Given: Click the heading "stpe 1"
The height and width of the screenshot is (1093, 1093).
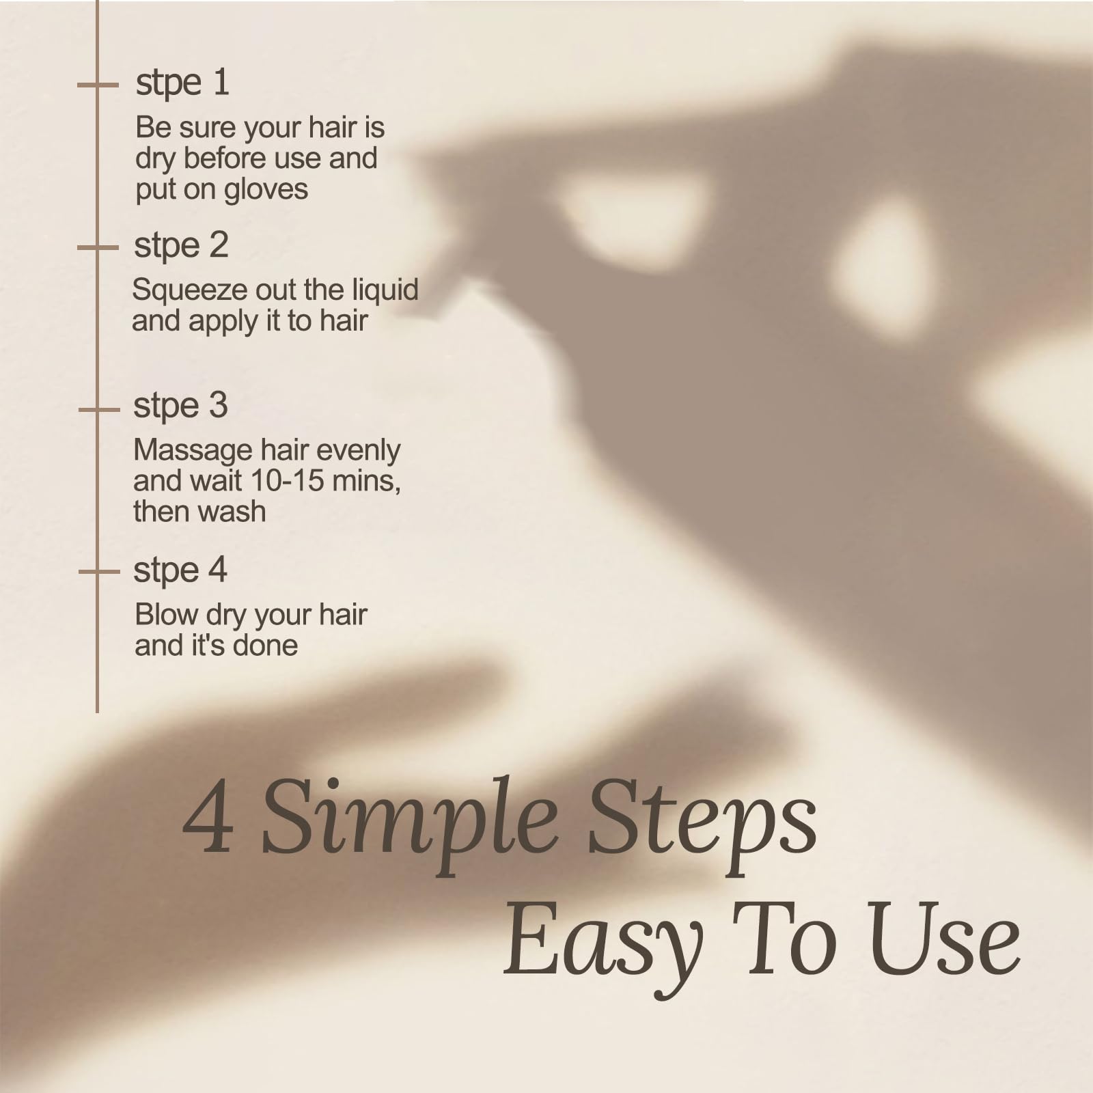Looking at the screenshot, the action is point(182,83).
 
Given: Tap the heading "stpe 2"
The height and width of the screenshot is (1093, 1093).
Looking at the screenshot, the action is point(181,246).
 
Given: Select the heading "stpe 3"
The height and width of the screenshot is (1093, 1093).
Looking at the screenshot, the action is point(180,406).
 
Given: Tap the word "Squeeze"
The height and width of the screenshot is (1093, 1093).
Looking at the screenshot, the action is point(190,290).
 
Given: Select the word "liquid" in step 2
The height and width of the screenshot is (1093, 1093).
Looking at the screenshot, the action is point(385,290).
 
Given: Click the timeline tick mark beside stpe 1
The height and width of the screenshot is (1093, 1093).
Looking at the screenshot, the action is point(98,85).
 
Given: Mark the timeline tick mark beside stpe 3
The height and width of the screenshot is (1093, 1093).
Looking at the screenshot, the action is point(99,410).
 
